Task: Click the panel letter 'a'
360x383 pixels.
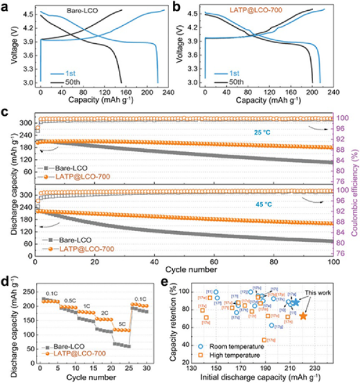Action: click(x=5, y=5)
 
